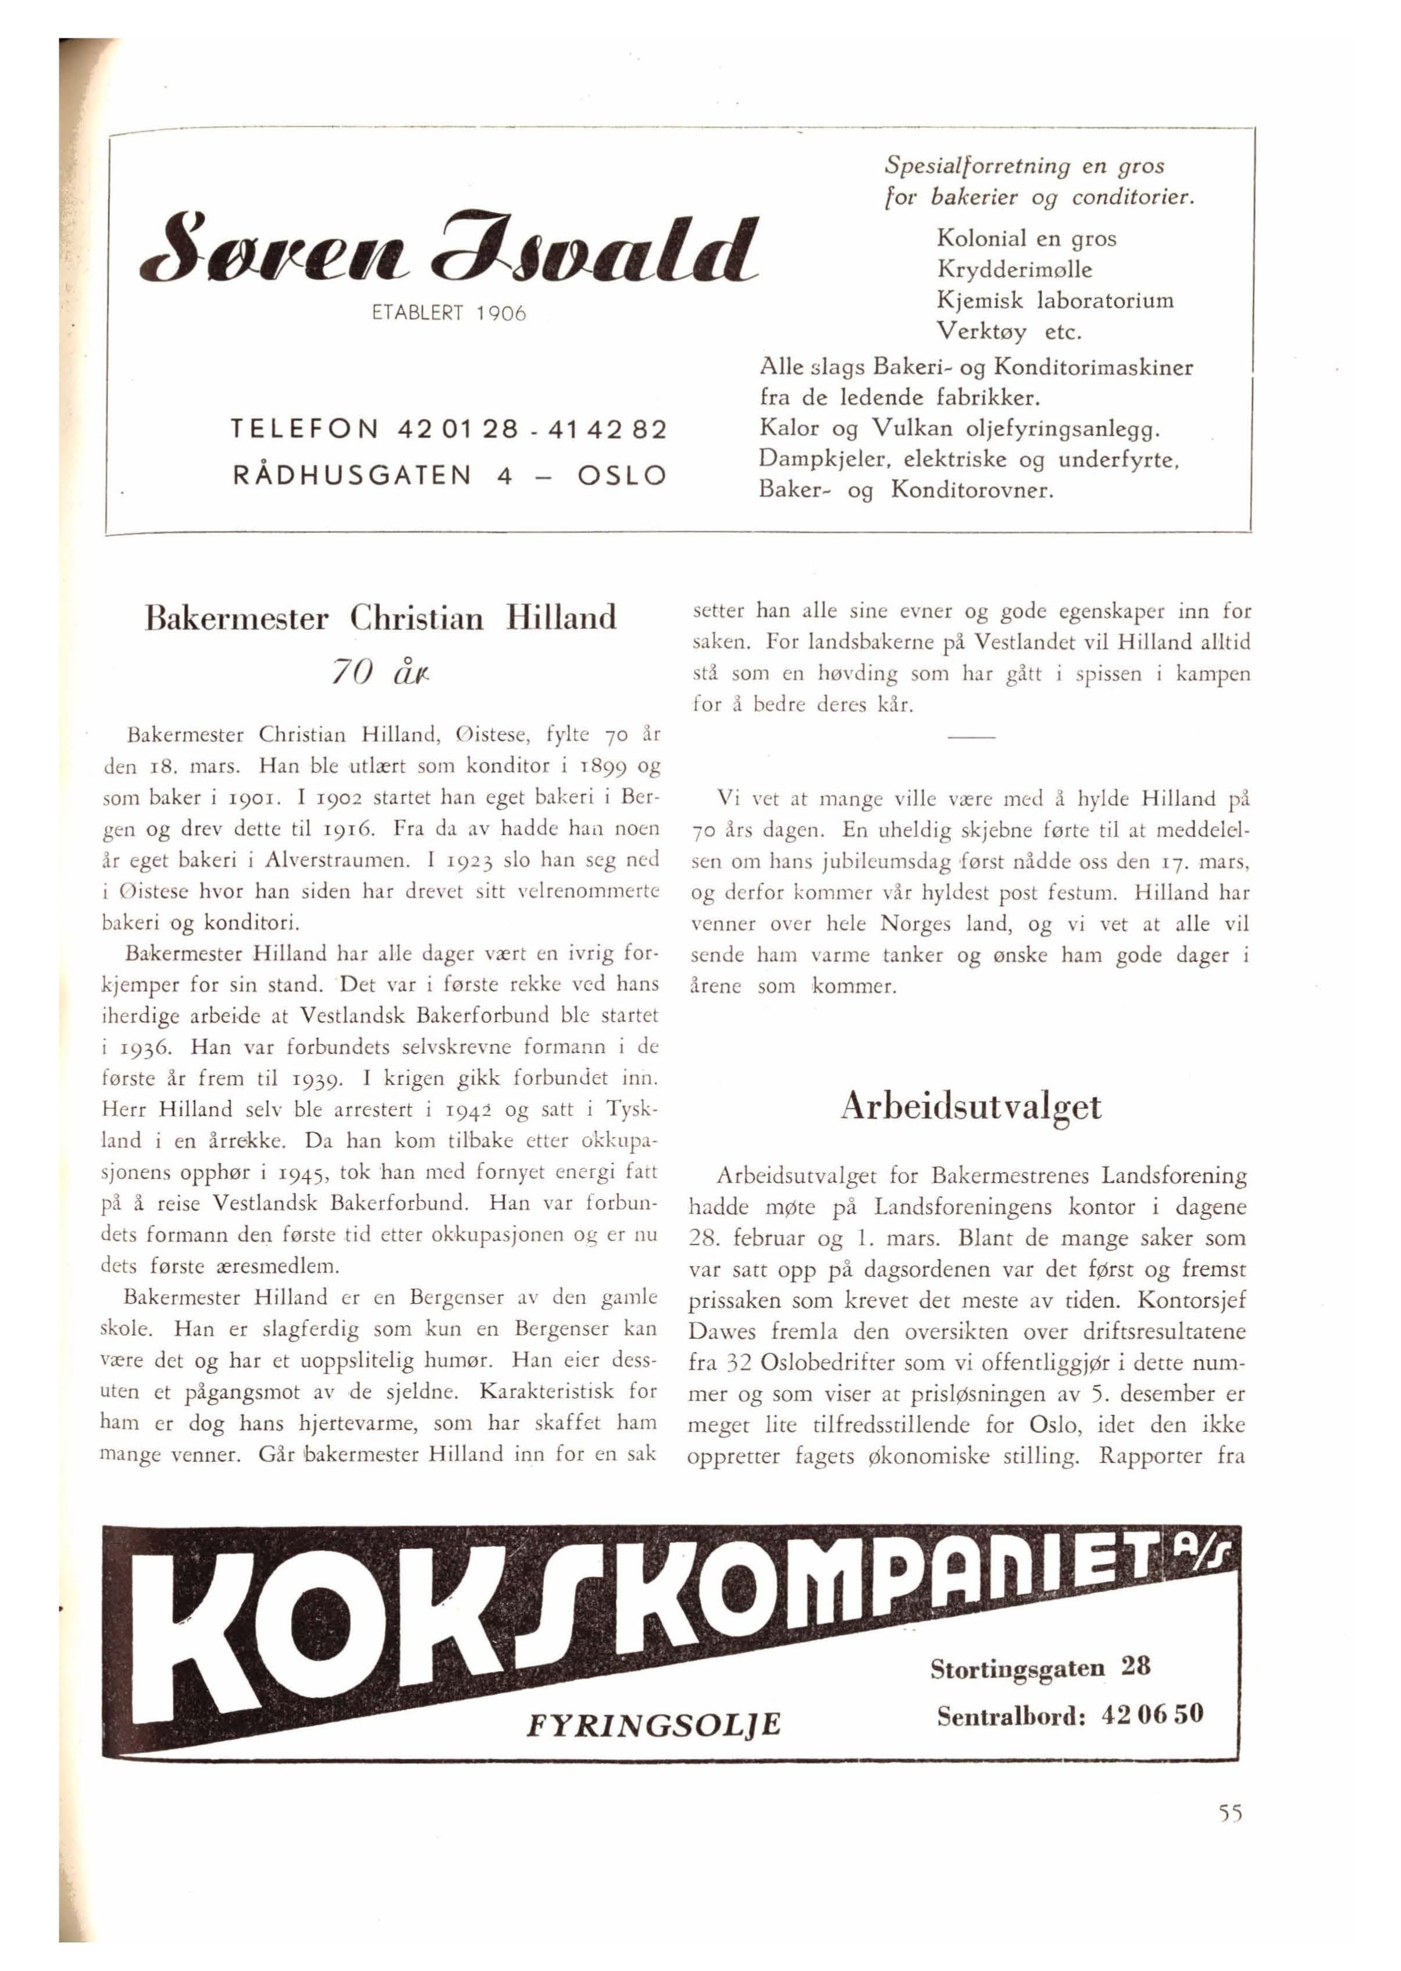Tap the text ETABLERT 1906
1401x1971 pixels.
click(x=448, y=314)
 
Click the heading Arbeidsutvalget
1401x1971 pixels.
click(x=971, y=1107)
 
